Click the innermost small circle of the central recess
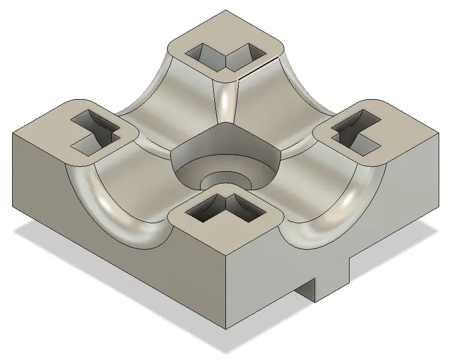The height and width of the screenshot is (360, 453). (x=226, y=180)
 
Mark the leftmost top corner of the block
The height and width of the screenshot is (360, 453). (x=14, y=133)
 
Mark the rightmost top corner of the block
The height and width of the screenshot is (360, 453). (x=439, y=132)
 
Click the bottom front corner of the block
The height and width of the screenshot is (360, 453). (x=226, y=329)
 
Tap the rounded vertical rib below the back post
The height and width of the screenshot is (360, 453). (x=226, y=101)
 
